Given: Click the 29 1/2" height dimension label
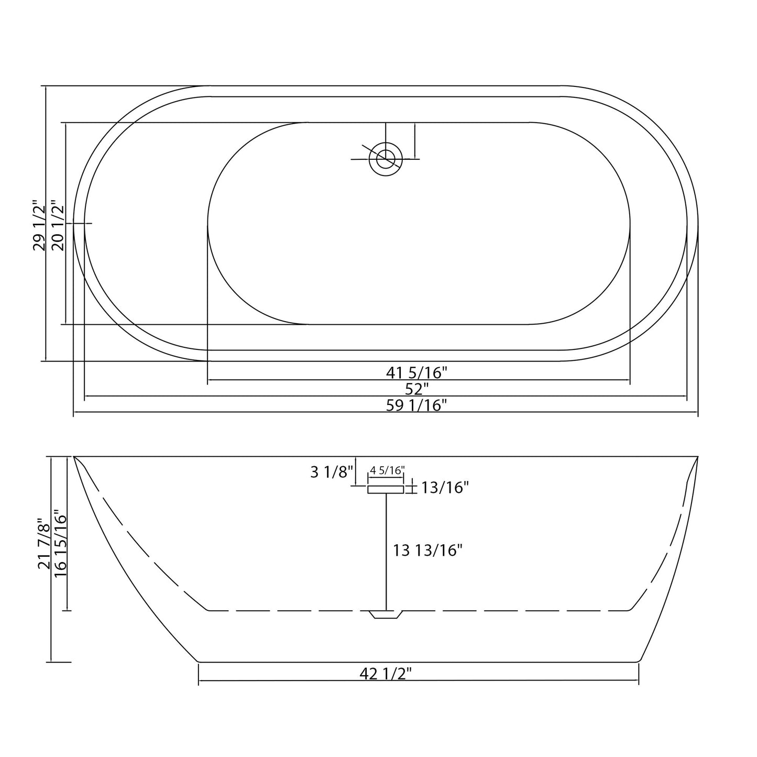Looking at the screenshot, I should (40, 225).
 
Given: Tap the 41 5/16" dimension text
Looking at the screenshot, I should (416, 372).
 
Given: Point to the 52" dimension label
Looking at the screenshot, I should (416, 389).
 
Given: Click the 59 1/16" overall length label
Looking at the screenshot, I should (416, 405).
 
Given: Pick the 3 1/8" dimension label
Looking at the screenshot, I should (332, 472).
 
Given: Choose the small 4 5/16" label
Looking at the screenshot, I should (387, 470).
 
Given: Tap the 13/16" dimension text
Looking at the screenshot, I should (445, 488).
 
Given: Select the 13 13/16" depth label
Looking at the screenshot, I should (428, 550).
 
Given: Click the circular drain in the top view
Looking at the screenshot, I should (386, 159).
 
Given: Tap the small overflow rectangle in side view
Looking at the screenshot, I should (386, 489).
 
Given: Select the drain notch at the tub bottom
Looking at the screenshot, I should (386, 615).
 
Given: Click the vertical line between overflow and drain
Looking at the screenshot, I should (386, 550).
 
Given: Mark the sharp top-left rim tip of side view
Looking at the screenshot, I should (74, 457).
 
